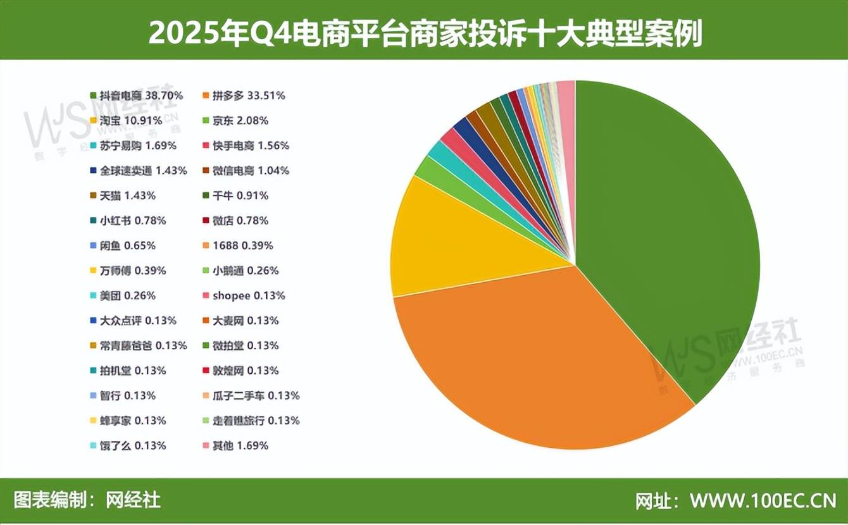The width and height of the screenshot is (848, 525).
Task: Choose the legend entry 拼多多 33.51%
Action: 248,96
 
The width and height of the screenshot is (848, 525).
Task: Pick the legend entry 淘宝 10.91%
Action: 131,120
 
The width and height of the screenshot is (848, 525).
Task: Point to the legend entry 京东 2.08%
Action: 240,120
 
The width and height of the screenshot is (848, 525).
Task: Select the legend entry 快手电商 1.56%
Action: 251,145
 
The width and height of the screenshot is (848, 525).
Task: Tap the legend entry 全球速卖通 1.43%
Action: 138,170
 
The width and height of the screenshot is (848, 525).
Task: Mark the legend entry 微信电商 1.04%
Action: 251,170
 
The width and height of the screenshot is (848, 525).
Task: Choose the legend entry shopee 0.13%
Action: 248,295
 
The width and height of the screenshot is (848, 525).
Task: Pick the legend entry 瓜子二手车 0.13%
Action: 256,395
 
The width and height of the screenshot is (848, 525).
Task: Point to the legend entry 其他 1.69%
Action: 240,445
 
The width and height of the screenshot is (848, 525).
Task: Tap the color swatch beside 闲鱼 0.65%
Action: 94,245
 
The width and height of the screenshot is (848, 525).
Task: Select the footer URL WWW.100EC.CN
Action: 763,501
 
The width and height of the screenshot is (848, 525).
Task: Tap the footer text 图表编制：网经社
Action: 87,501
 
